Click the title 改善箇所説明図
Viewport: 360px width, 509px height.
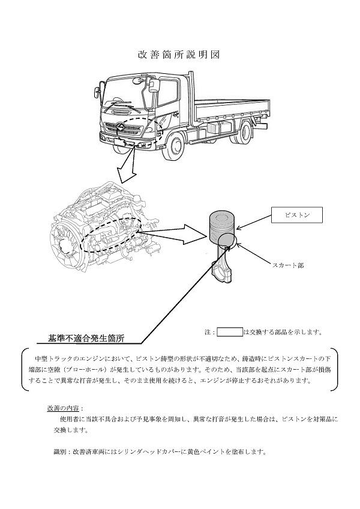coord(179,54)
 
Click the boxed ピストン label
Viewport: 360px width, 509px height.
coord(296,214)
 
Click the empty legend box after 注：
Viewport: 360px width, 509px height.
coord(229,331)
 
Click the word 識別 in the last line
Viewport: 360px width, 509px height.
coord(62,452)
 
